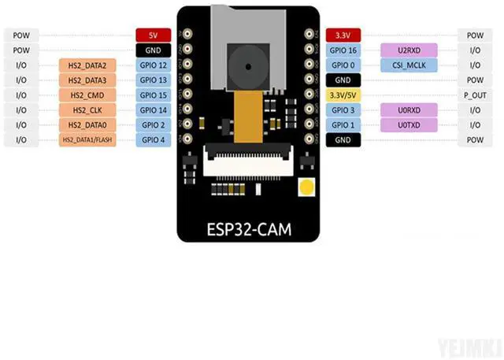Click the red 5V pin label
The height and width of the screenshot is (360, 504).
[153, 35]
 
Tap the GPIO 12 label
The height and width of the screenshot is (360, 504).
[153, 65]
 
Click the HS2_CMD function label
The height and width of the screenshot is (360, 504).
[87, 95]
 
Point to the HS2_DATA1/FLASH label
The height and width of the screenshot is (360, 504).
[87, 140]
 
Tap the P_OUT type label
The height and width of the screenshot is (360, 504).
[475, 95]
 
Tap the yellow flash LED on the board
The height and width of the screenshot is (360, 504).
[306, 187]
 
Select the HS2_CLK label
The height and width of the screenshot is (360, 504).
[87, 110]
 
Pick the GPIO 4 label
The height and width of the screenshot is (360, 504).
[153, 140]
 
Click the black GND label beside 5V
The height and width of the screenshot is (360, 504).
[153, 50]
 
